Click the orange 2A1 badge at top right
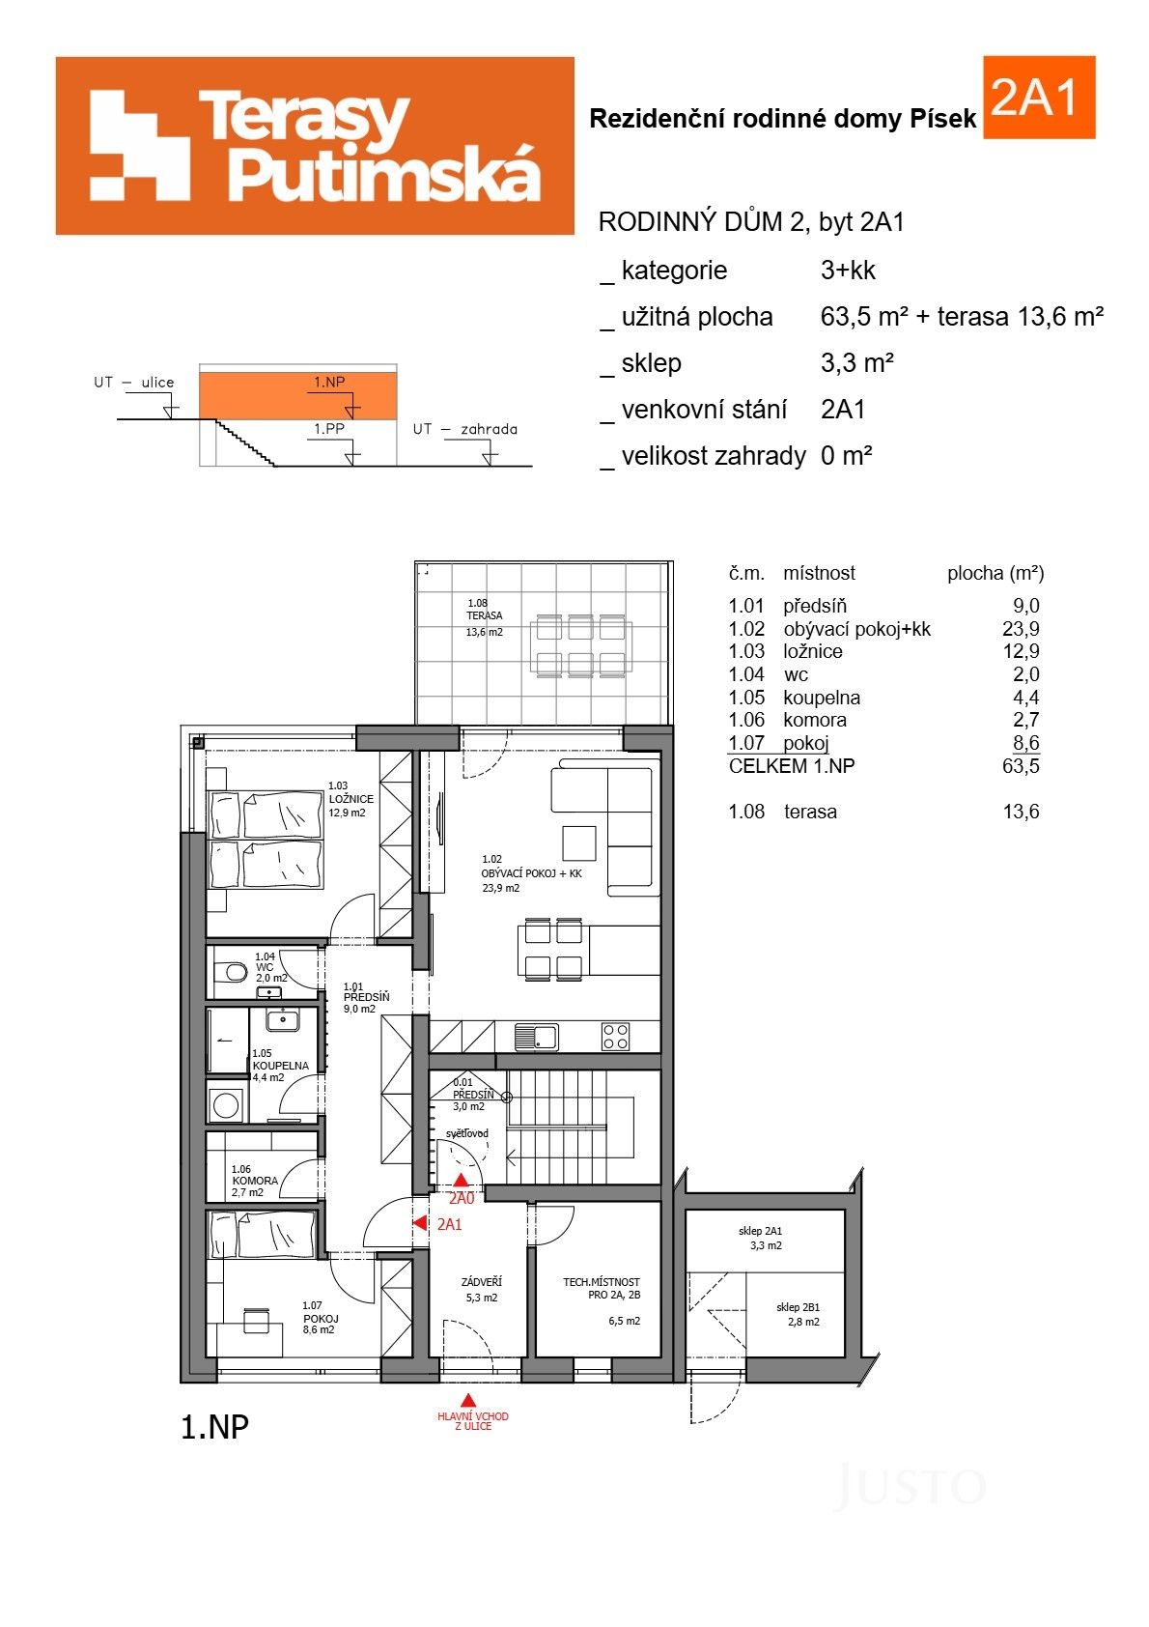[1038, 98]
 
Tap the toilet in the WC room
[233, 970]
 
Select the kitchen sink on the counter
[536, 1037]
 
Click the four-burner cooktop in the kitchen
[616, 1037]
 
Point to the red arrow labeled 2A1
[420, 1223]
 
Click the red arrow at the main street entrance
[468, 1400]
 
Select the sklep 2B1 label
[798, 1314]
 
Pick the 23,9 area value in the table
[1021, 629]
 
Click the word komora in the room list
[815, 720]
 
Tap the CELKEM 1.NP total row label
[791, 766]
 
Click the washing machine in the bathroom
[226, 1105]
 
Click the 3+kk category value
[848, 271]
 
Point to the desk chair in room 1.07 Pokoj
[256, 1320]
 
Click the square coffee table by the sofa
[579, 842]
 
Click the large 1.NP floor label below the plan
[214, 1427]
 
